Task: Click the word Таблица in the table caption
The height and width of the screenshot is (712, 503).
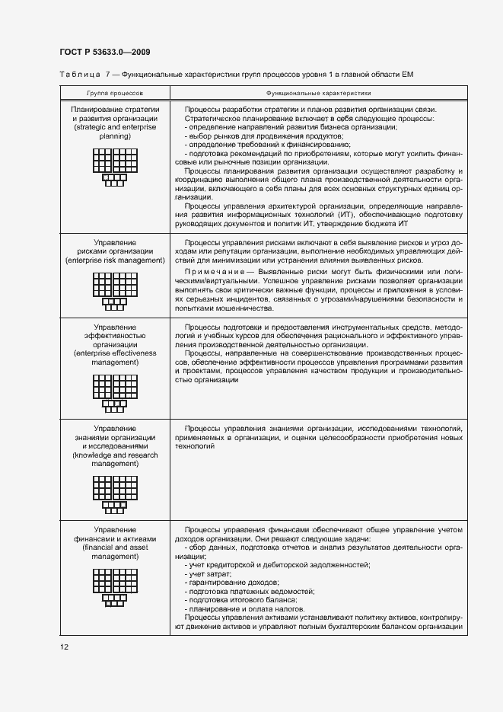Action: [x=78, y=74]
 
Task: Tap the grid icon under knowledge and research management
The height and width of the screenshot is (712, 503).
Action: [x=114, y=493]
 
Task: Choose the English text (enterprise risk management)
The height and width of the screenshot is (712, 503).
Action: [x=114, y=260]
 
